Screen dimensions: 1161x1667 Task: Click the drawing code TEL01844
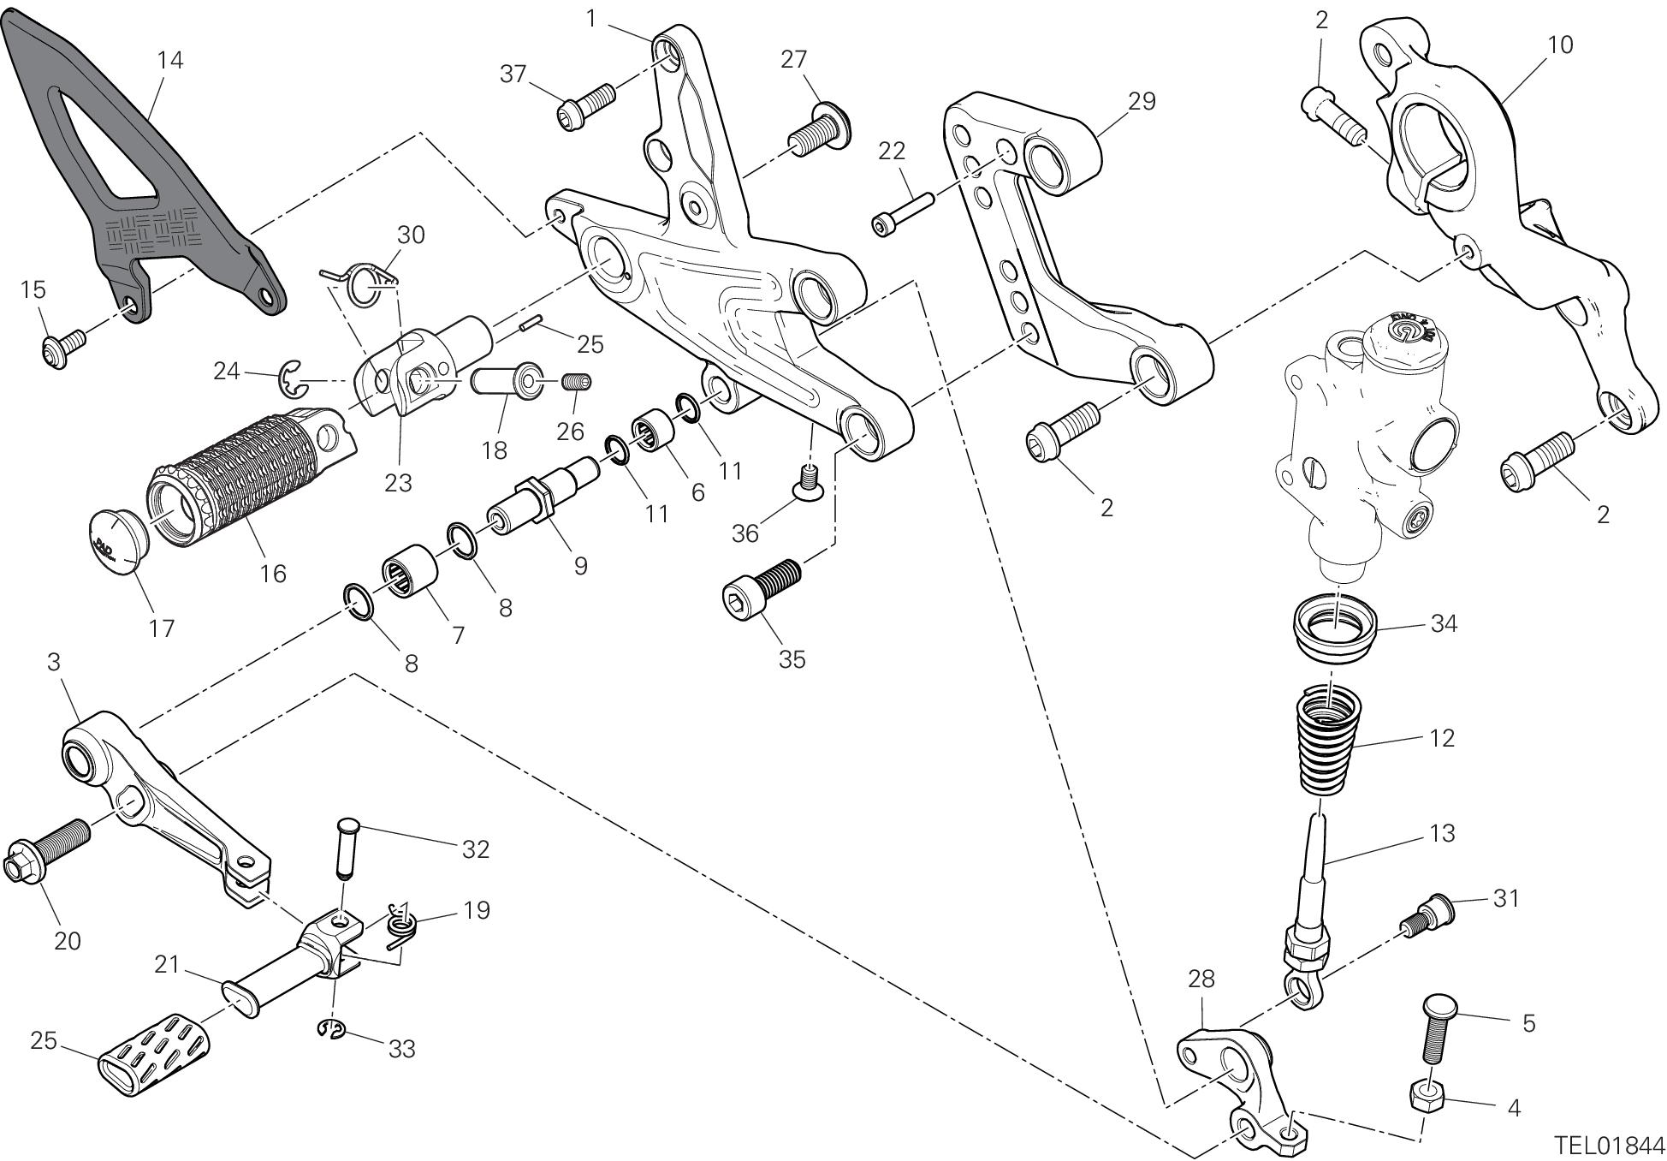1610,1146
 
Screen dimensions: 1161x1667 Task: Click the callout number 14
169,61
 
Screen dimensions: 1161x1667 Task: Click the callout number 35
792,659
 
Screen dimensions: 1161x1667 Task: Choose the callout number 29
1142,101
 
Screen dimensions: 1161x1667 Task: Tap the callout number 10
1560,45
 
